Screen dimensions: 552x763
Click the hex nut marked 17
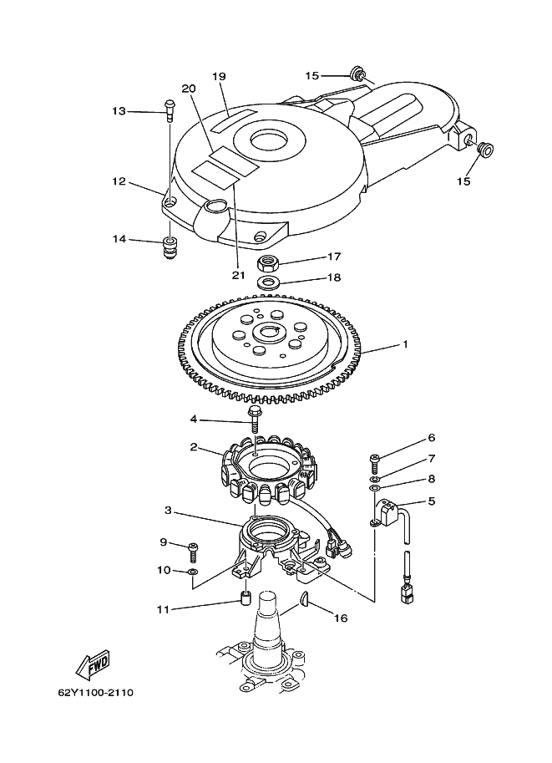[267, 263]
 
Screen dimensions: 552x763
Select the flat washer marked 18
[267, 282]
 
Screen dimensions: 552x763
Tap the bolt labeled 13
[170, 111]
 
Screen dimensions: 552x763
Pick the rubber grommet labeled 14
[170, 247]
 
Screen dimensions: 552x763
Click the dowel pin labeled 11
[246, 598]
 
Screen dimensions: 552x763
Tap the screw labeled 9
[193, 552]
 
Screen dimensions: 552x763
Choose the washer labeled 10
[193, 571]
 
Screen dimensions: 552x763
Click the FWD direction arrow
[93, 664]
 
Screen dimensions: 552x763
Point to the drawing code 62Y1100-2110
[96, 692]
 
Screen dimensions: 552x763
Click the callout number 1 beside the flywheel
[405, 344]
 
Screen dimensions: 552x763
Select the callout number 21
[238, 275]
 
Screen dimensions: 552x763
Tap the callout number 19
[220, 76]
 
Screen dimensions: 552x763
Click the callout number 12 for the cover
[119, 181]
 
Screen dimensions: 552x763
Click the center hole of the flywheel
[267, 333]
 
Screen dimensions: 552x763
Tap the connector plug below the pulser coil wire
[405, 593]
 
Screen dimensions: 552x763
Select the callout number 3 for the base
[169, 511]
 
